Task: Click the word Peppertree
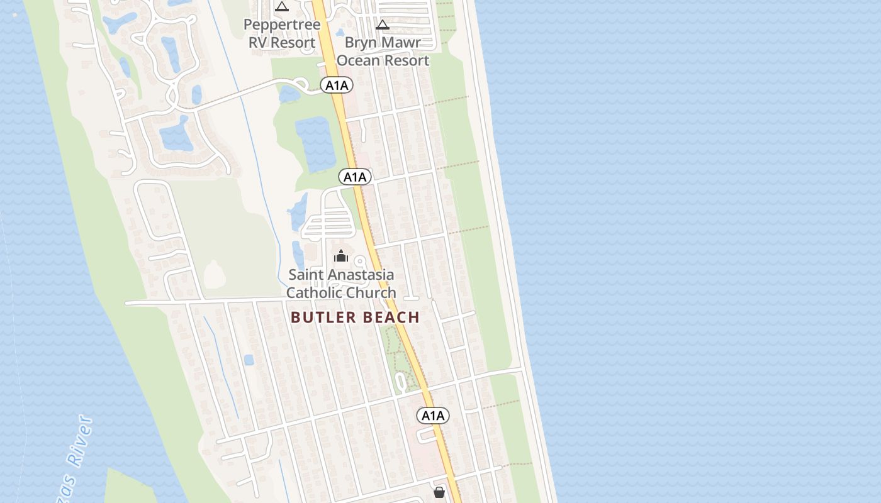pyautogui.click(x=282, y=25)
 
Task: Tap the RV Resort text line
pyautogui.click(x=282, y=43)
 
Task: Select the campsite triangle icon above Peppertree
pyautogui.click(x=282, y=7)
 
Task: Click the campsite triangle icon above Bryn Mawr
pyautogui.click(x=382, y=25)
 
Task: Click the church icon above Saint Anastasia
pyautogui.click(x=341, y=256)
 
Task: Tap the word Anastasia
pyautogui.click(x=360, y=275)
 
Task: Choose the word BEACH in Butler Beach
pyautogui.click(x=391, y=318)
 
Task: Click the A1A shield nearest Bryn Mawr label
pyautogui.click(x=336, y=86)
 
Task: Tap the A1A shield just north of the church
pyautogui.click(x=355, y=177)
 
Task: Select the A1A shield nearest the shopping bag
pyautogui.click(x=433, y=416)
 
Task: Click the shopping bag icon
pyautogui.click(x=439, y=492)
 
